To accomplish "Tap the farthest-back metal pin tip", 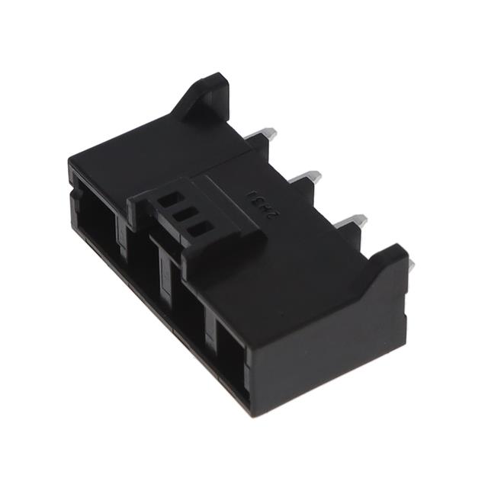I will tap(268, 133).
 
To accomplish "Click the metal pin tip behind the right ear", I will tap(411, 265).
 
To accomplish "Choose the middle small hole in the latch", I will tap(181, 215).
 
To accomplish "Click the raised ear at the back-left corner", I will tap(204, 98).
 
